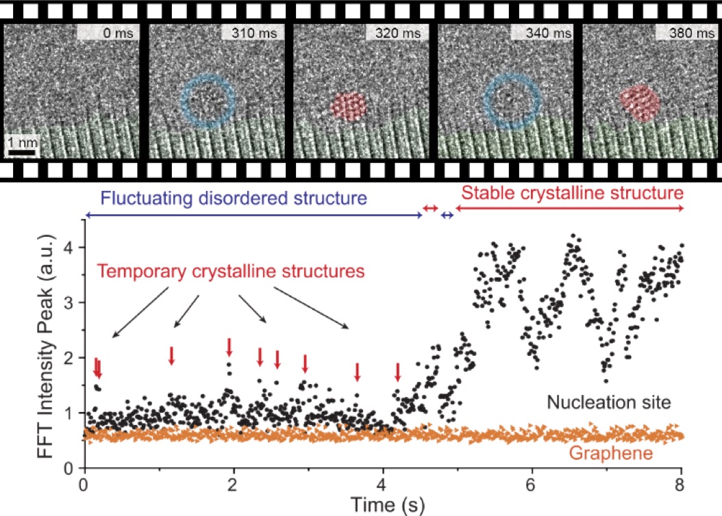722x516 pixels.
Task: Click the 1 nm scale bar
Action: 21,151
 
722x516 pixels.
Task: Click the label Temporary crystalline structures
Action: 230,271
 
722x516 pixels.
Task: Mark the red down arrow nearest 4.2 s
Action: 397,373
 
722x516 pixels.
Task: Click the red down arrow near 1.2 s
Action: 172,355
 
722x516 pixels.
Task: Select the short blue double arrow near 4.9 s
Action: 447,216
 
